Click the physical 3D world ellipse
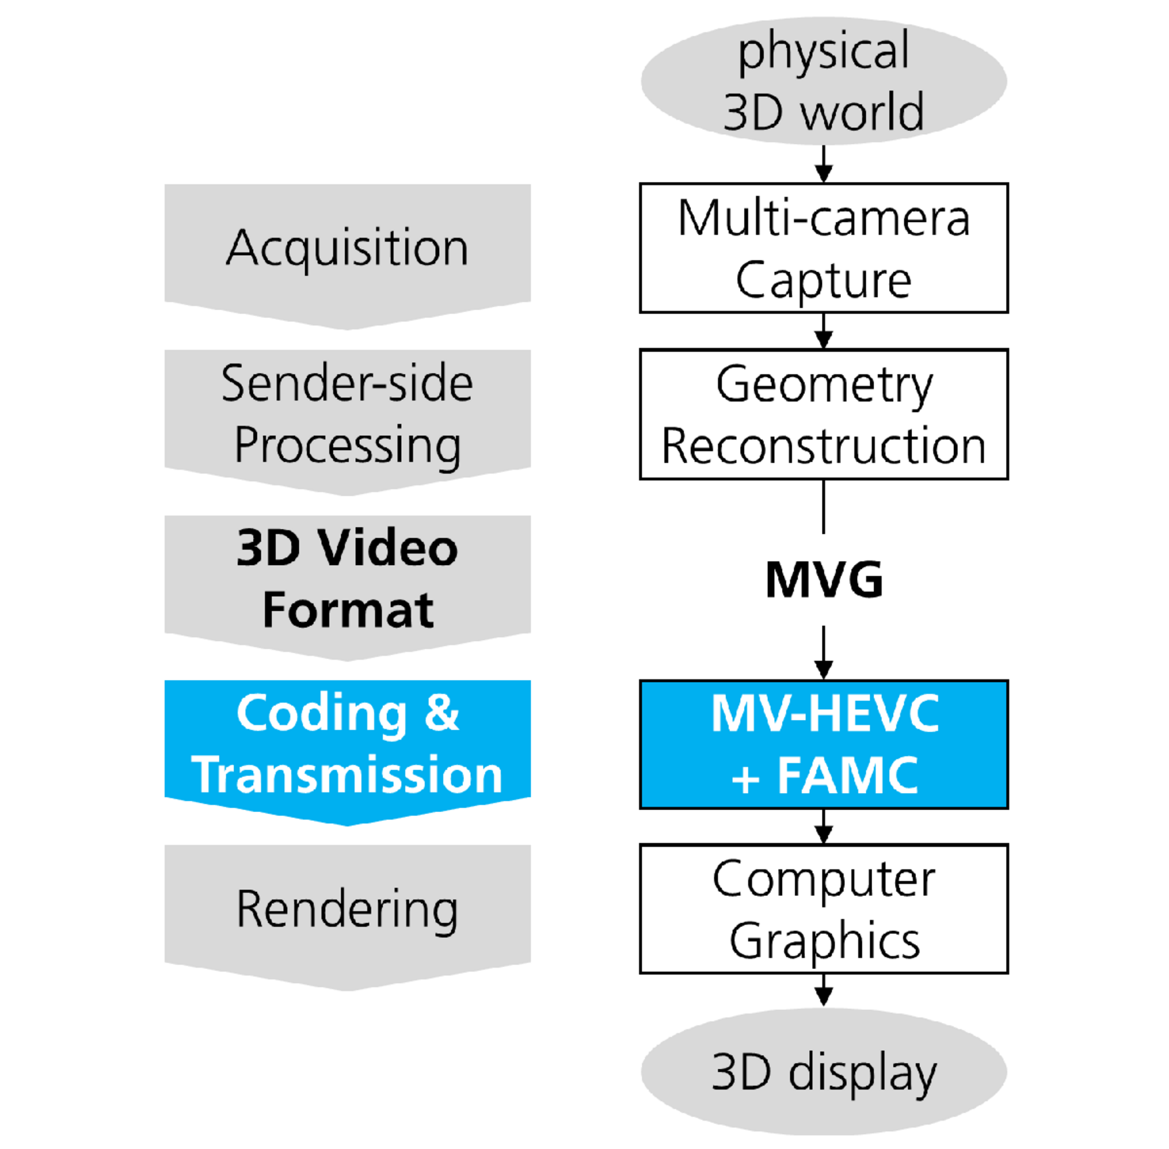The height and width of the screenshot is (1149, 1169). point(823,81)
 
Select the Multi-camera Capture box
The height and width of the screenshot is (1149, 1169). point(823,248)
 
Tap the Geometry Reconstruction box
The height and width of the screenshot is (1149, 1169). point(823,414)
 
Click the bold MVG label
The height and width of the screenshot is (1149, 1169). point(823,580)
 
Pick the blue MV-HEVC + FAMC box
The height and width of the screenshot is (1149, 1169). point(823,744)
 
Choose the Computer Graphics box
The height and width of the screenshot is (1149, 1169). point(823,909)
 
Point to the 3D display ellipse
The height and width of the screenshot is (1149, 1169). point(823,1072)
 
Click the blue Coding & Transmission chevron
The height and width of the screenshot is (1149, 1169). point(347,744)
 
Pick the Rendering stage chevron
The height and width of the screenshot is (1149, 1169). point(347,909)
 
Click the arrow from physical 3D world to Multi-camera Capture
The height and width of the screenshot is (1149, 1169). point(823,164)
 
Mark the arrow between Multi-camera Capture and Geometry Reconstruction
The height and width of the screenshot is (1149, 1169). point(823,331)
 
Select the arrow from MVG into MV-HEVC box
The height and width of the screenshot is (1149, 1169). point(823,652)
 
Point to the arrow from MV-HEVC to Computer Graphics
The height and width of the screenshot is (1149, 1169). point(823,826)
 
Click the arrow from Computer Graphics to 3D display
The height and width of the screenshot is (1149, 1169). point(823,990)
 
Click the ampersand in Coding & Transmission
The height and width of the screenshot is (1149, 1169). point(442,713)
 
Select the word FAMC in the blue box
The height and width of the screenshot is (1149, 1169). point(848,775)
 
